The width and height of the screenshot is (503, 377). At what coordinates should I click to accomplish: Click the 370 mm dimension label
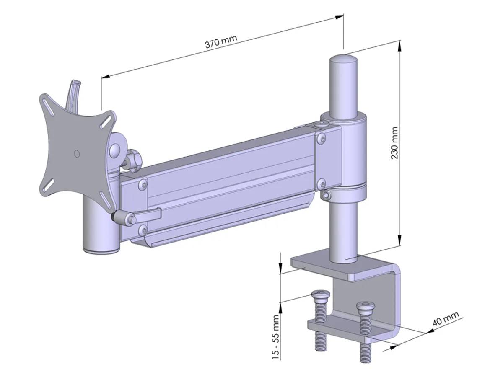tap(221, 41)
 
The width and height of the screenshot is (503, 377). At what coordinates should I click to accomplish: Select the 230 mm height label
tap(394, 142)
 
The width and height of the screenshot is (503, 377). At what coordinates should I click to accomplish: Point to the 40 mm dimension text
tap(446, 319)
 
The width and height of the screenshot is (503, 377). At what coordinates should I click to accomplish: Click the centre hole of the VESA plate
tap(76, 154)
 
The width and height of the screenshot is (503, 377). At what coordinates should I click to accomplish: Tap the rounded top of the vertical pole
tap(344, 59)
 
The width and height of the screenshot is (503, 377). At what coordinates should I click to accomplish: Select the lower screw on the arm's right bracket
tap(321, 183)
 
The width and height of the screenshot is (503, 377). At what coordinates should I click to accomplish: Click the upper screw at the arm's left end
tap(143, 183)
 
